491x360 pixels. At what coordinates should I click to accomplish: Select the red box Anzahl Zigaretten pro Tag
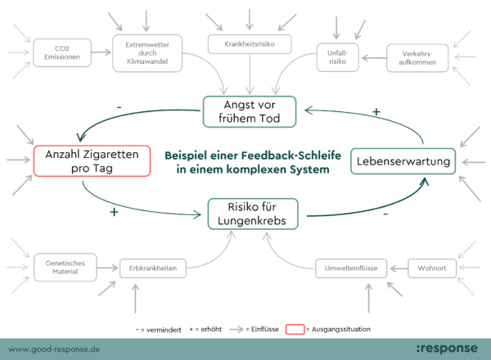pyautogui.click(x=92, y=160)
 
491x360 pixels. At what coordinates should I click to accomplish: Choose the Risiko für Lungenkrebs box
pyautogui.click(x=253, y=214)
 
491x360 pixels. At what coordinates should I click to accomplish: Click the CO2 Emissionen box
pyautogui.click(x=61, y=55)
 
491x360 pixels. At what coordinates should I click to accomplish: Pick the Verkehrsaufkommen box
pyautogui.click(x=417, y=56)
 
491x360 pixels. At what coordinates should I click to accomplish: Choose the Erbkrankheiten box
pyautogui.click(x=154, y=267)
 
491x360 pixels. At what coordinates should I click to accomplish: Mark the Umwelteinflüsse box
pyautogui.click(x=349, y=267)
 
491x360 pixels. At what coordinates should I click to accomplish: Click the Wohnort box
pyautogui.click(x=431, y=267)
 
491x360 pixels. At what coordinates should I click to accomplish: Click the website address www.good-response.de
pyautogui.click(x=54, y=348)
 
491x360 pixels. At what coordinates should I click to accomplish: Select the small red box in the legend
pyautogui.click(x=295, y=329)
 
